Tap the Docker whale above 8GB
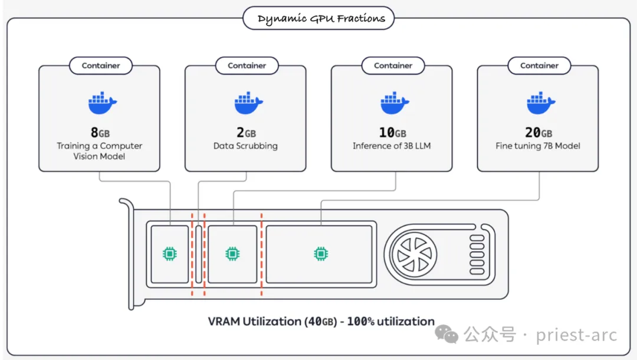[102, 103]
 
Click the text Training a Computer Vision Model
[99, 151]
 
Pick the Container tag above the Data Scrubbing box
[247, 66]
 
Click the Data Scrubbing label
[245, 146]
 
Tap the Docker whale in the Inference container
[394, 103]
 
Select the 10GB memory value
[392, 133]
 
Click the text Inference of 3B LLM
[392, 146]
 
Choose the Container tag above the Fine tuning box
[539, 66]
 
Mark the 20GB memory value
[538, 133]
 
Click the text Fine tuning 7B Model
[538, 146]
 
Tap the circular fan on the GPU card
[416, 254]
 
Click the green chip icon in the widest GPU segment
[320, 254]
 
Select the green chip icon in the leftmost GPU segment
[169, 254]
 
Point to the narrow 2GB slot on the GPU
[199, 254]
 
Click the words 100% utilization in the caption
[390, 322]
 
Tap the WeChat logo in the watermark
[446, 335]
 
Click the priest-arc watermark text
[576, 335]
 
